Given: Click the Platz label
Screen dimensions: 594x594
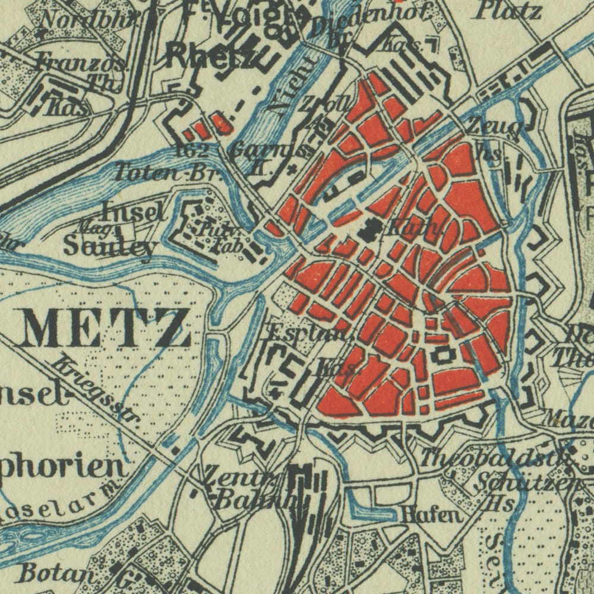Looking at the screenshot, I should (x=510, y=10).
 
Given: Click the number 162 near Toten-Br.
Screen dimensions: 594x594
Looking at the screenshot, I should (x=193, y=151).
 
